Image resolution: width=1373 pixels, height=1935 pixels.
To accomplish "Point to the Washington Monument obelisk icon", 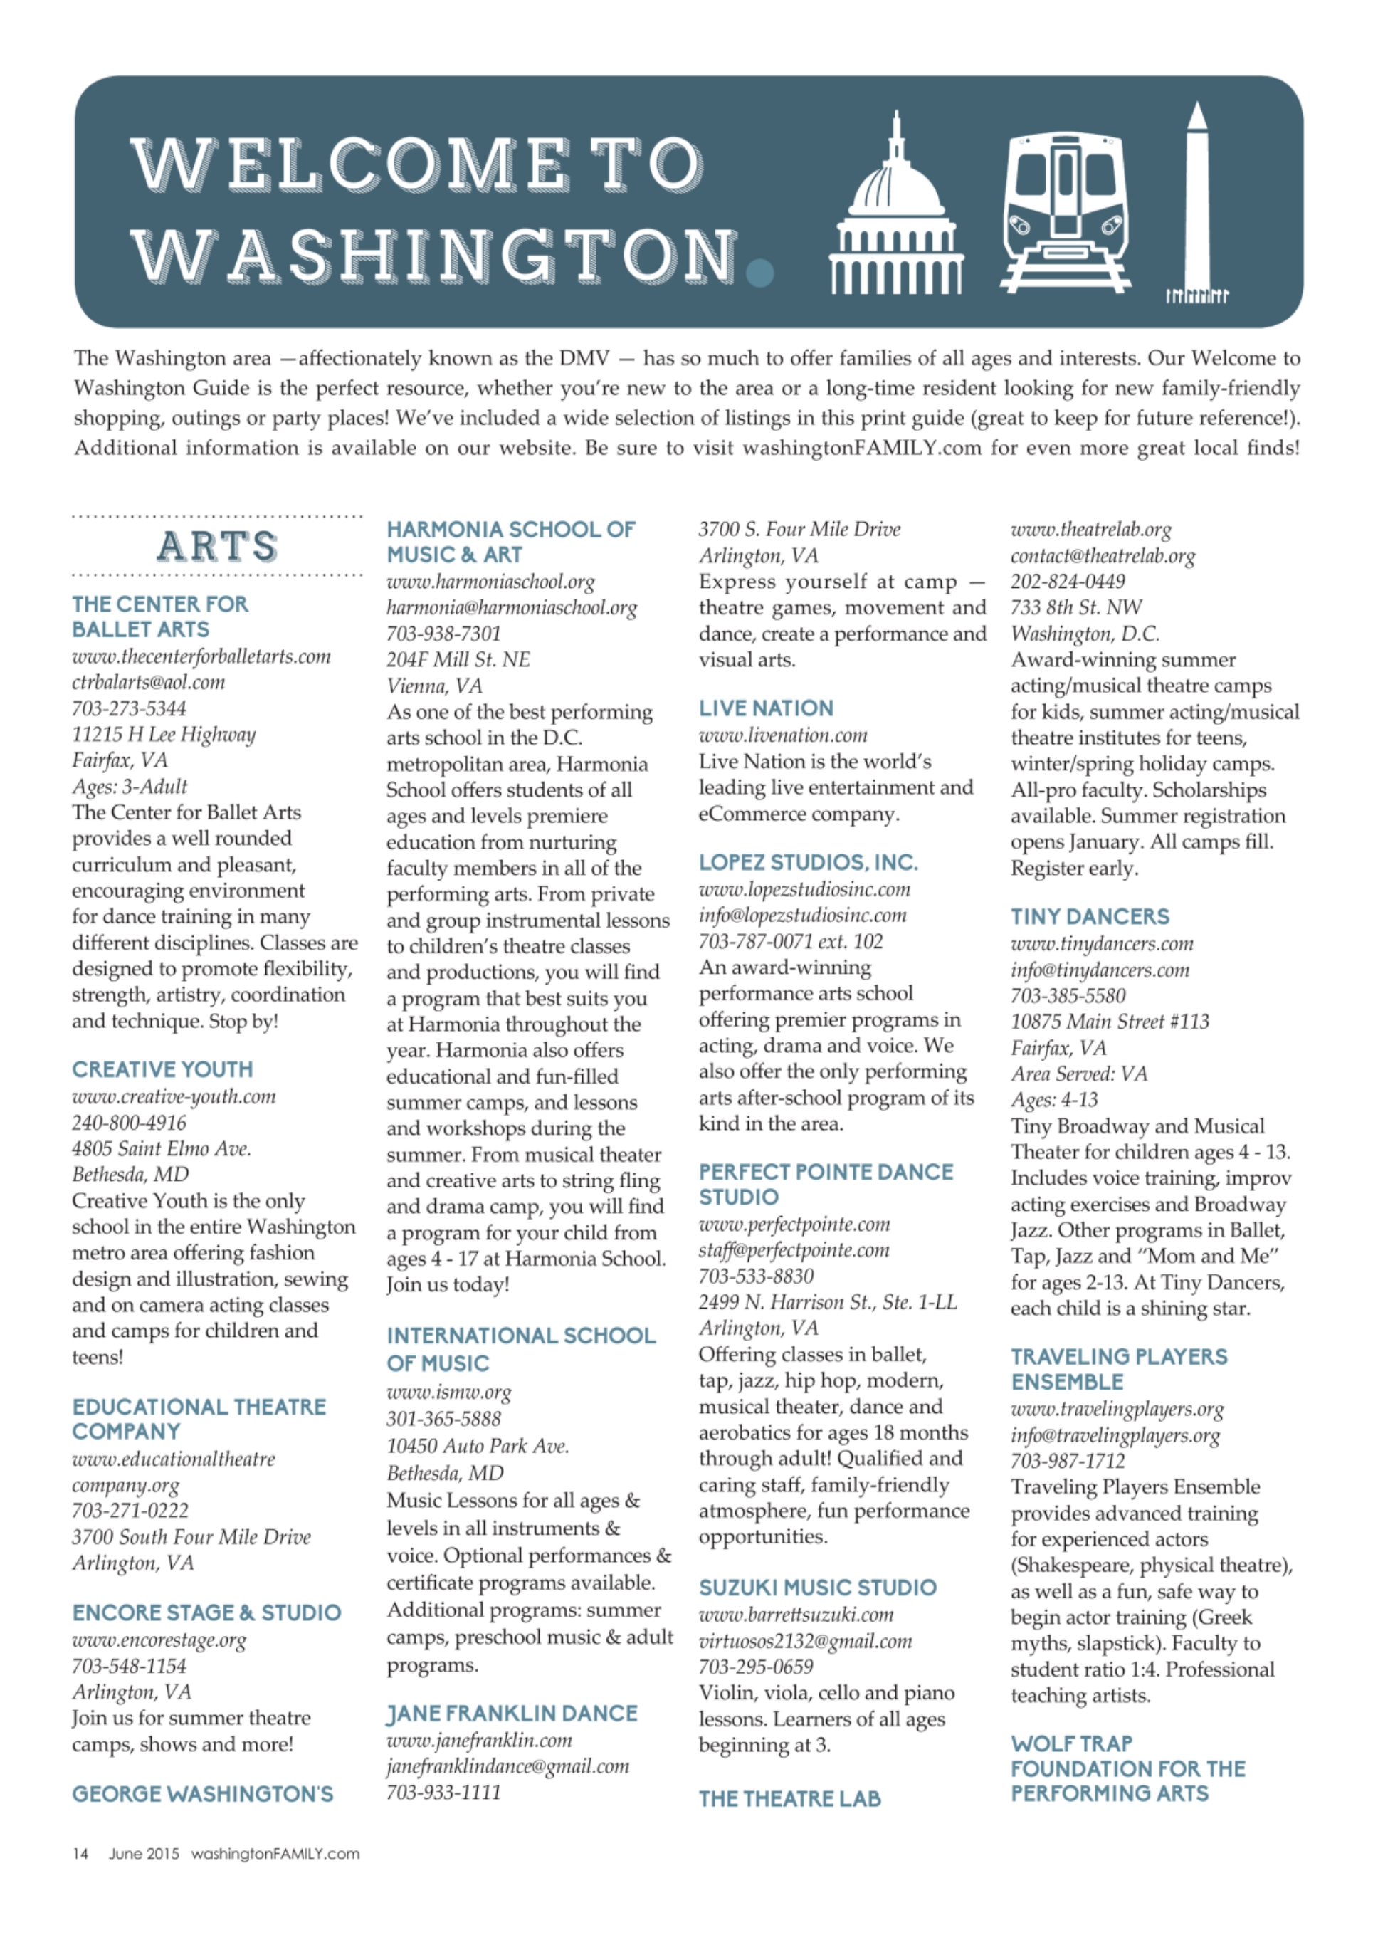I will [x=1197, y=203].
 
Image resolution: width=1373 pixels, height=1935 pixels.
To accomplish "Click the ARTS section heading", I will [x=217, y=546].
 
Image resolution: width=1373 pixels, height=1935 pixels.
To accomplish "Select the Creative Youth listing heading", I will [x=162, y=1069].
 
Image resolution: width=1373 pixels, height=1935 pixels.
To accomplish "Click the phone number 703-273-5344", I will [x=129, y=708].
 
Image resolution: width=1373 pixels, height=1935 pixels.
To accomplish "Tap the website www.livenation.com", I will [x=783, y=735].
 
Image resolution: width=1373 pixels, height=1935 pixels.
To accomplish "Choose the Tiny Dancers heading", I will [x=1090, y=916].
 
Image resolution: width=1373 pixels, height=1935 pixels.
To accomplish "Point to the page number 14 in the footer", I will [x=80, y=1854].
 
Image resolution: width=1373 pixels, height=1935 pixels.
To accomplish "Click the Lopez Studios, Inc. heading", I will [x=807, y=862].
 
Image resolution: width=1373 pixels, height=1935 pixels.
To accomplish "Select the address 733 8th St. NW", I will [x=1075, y=607].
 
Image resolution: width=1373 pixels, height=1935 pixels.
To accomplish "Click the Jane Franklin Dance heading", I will [x=512, y=1714].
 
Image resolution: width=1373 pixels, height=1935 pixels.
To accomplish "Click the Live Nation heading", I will [x=766, y=708].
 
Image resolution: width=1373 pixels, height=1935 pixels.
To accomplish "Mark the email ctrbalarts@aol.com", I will [x=148, y=681].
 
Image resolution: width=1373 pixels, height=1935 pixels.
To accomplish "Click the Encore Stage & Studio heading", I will [x=206, y=1612].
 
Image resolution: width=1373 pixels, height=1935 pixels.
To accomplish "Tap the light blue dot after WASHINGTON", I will [x=761, y=273].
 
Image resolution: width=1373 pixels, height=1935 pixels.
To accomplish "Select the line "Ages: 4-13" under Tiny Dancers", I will [x=1053, y=1099].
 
